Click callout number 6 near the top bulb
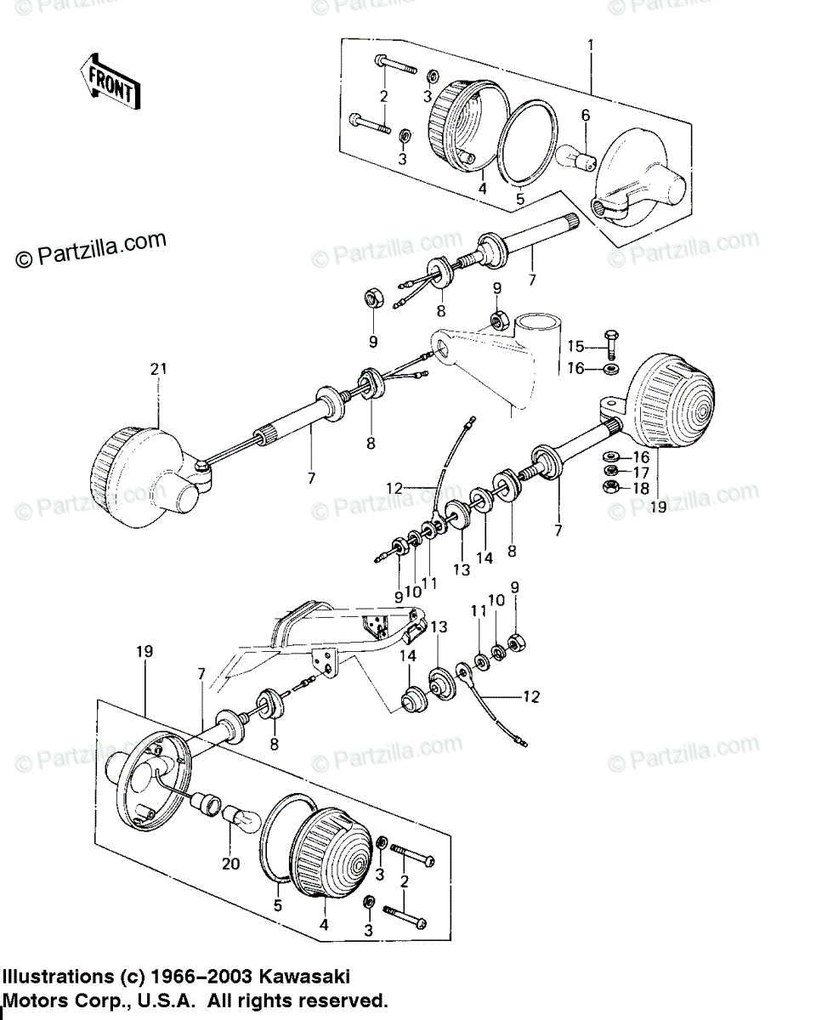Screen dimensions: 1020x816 click(585, 116)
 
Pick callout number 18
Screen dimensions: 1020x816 click(641, 488)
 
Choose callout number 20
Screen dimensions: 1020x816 click(230, 864)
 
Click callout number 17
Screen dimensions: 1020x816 click(641, 473)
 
